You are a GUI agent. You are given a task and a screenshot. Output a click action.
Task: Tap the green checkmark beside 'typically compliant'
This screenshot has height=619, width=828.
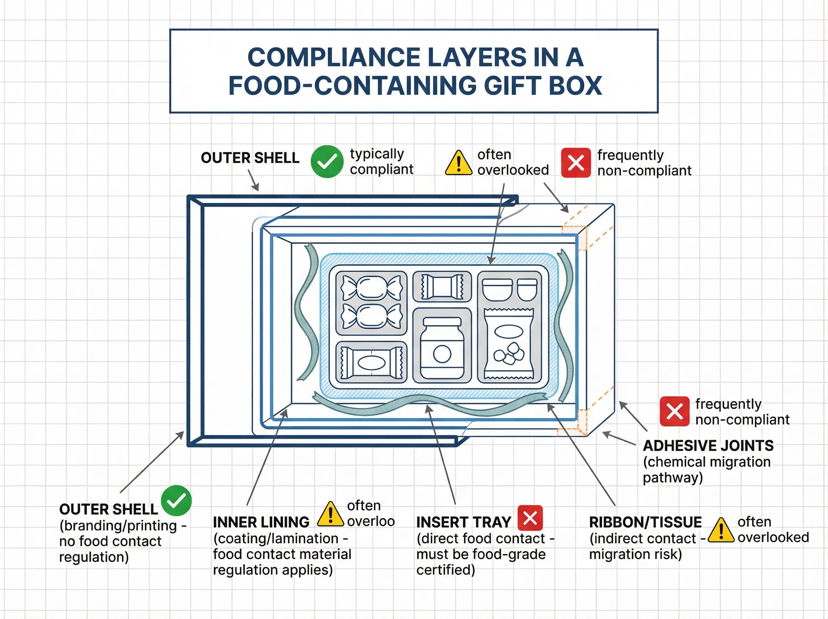[x=327, y=161]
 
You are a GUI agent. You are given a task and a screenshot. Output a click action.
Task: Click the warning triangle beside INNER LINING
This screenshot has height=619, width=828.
[x=330, y=515]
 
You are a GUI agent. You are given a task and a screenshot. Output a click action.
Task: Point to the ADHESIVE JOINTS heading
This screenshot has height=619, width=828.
[x=708, y=445]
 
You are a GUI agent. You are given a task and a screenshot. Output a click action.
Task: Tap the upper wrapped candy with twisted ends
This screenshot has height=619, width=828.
[x=371, y=287]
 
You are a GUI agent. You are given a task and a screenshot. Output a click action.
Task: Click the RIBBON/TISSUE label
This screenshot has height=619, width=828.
[x=645, y=522]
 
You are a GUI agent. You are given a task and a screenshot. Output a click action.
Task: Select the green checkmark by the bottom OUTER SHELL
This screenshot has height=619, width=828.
[x=176, y=501]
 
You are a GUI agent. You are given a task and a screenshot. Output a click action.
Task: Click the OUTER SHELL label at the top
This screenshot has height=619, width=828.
[x=250, y=158]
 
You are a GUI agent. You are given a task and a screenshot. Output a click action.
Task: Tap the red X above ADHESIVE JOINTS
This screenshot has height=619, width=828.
[x=674, y=411]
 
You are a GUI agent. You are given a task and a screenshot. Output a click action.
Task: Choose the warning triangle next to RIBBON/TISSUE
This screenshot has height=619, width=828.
[x=721, y=530]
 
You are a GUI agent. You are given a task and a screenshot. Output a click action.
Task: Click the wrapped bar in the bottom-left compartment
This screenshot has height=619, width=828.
[x=371, y=363]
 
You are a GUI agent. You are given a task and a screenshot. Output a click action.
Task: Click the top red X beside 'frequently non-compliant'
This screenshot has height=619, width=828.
[x=576, y=163]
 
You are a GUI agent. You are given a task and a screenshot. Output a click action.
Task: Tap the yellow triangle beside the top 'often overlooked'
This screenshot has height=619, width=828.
[x=458, y=163]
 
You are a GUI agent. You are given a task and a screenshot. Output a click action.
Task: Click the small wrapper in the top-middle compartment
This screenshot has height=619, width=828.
[x=442, y=287]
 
